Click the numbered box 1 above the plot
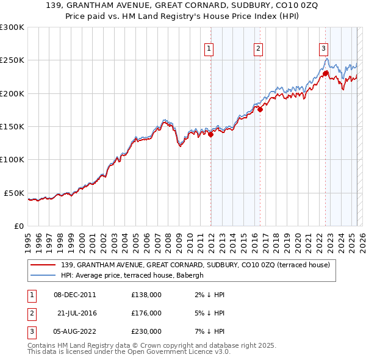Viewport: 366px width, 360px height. pyautogui.click(x=209, y=49)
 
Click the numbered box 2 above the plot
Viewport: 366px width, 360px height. pyautogui.click(x=258, y=49)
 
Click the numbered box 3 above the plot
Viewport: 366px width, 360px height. pyautogui.click(x=323, y=49)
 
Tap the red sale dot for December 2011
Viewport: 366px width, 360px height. pyautogui.click(x=211, y=135)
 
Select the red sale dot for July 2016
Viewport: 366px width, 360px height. pyautogui.click(x=260, y=110)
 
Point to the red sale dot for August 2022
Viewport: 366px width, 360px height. pyautogui.click(x=326, y=74)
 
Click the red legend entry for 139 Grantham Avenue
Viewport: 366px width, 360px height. pyautogui.click(x=195, y=265)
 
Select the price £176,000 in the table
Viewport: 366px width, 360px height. pyautogui.click(x=146, y=313)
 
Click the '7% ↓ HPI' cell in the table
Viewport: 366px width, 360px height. pyautogui.click(x=208, y=331)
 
